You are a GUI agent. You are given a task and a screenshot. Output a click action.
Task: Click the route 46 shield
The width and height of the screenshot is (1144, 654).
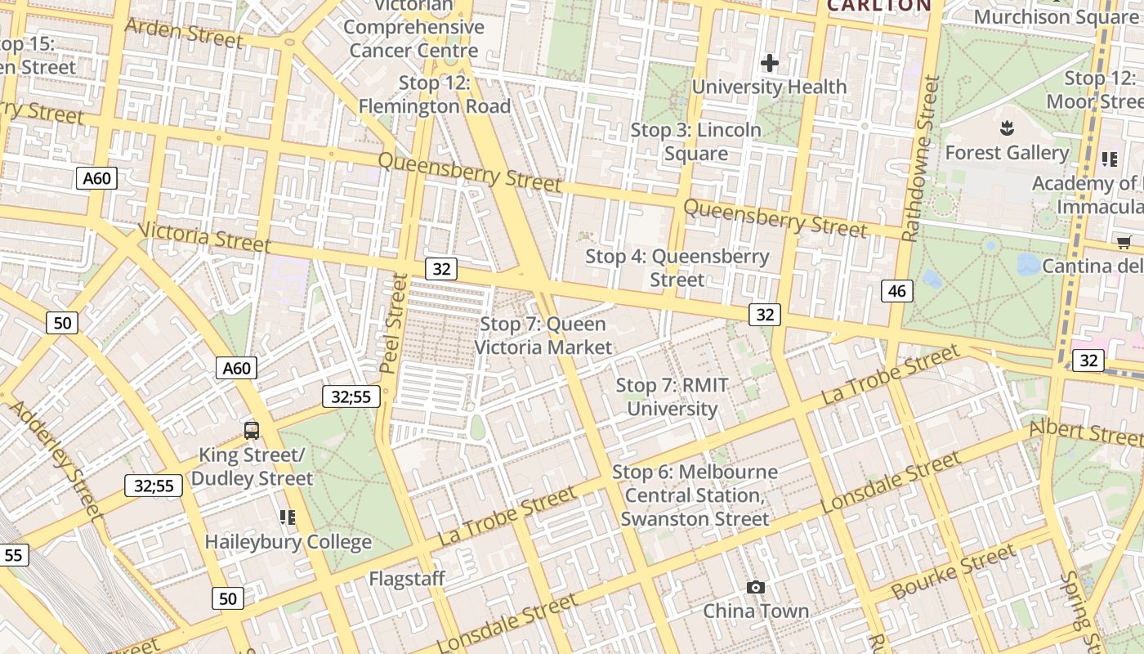897,290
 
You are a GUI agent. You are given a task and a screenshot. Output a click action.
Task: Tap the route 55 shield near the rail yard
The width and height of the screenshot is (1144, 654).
14,555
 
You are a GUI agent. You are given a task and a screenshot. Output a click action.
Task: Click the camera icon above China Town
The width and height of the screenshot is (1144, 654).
756,587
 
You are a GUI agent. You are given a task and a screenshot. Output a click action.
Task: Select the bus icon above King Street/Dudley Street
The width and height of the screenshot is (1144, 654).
252,430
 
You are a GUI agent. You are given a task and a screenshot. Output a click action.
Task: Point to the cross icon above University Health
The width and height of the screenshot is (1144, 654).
769,63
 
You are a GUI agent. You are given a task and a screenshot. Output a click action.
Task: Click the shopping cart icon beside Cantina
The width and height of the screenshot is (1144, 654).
1124,242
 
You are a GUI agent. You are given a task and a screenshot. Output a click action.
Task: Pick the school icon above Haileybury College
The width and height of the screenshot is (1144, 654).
287,517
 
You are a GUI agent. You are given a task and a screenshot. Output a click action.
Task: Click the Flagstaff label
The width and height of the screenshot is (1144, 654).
407,579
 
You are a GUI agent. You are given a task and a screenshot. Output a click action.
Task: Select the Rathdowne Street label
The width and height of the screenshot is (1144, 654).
918,159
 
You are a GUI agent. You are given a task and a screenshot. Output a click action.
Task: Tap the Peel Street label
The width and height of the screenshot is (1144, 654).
394,323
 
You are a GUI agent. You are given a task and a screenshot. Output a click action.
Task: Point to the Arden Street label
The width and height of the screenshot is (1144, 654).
183,32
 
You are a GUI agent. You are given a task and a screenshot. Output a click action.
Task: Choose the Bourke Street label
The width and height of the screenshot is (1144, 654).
954,572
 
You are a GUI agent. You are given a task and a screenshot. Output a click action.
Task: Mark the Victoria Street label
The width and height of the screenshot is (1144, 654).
204,237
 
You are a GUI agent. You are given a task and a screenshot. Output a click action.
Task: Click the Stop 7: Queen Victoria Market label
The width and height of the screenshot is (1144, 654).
543,335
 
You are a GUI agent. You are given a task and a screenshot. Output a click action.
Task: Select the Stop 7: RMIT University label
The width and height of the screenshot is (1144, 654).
672,396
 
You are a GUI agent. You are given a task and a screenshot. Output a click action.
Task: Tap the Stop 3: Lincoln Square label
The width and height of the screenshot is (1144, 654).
695,141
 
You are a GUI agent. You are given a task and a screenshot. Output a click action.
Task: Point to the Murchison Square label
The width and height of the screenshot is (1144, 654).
1056,16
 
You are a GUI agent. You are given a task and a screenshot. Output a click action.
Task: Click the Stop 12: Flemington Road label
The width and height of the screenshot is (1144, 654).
435,94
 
